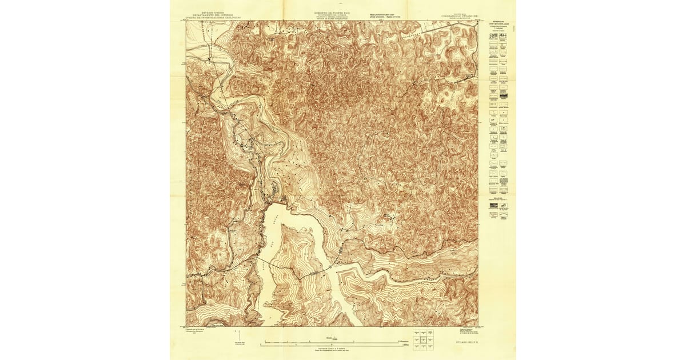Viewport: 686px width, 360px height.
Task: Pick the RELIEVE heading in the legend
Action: pyautogui.click(x=498, y=197)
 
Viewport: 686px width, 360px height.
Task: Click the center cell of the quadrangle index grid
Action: pyautogui.click(x=422, y=339)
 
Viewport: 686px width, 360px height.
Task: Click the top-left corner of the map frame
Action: pyautogui.click(x=186, y=22)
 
